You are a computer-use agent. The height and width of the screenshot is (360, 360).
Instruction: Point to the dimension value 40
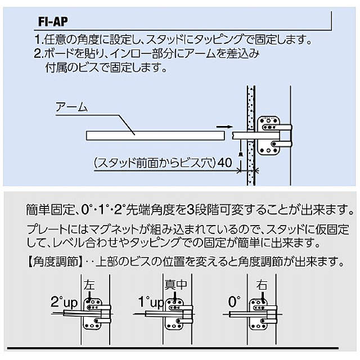[x=225, y=163]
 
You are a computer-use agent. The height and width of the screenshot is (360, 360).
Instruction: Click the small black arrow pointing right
[x=223, y=127]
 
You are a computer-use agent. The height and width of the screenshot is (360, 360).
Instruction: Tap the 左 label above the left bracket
[x=89, y=285]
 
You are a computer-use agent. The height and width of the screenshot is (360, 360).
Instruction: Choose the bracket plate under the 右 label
[x=261, y=313]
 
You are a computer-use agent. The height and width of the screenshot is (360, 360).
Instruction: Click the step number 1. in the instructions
[x=38, y=40]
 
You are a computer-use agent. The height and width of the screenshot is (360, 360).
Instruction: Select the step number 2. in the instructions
[x=38, y=55]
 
